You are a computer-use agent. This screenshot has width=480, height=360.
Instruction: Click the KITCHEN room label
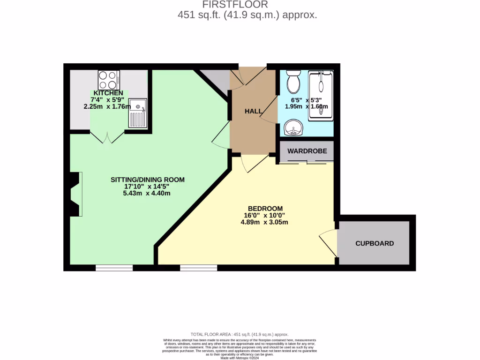pos(108,93)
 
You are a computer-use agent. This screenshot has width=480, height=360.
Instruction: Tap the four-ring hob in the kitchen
pos(108,80)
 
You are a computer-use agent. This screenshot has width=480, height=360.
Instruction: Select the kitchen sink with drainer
pos(138,113)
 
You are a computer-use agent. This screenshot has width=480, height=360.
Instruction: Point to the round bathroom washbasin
pos(293,127)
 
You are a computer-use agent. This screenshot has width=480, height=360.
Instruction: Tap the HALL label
pos(254,111)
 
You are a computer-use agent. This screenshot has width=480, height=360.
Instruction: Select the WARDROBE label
pos(306,151)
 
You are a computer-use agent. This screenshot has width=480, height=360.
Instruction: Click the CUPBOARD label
pos(375,243)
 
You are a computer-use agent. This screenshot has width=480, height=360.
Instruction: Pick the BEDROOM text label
pos(265,209)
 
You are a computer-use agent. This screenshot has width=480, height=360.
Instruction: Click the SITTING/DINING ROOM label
pos(148,180)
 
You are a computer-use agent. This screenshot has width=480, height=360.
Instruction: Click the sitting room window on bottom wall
pos(114,268)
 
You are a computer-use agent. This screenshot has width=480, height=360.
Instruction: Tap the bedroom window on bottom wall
pos(198,268)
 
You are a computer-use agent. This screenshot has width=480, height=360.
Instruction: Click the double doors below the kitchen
pos(107,137)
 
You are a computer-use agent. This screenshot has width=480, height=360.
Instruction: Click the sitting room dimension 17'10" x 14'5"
pos(148,187)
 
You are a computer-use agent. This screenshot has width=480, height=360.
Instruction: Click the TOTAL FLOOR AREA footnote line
pos(239,334)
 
